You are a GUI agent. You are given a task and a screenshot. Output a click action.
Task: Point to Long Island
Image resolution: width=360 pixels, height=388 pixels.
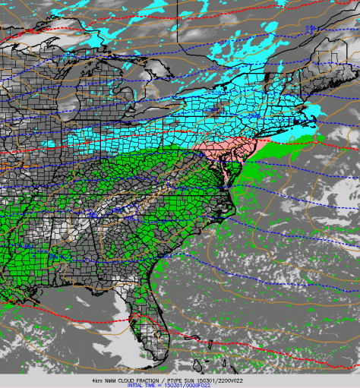click(278, 135)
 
